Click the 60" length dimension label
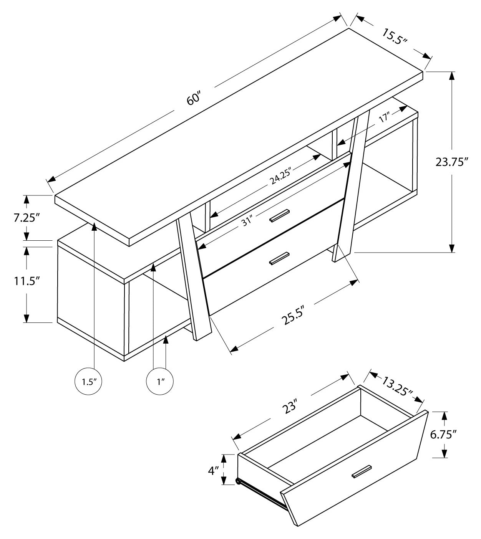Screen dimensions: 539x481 click(194, 98)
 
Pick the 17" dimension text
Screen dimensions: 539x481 click(384, 117)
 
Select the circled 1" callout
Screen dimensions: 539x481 click(160, 382)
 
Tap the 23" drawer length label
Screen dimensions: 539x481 click(290, 407)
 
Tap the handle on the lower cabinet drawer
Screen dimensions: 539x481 click(279, 258)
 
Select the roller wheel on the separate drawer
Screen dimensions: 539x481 click(238, 481)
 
